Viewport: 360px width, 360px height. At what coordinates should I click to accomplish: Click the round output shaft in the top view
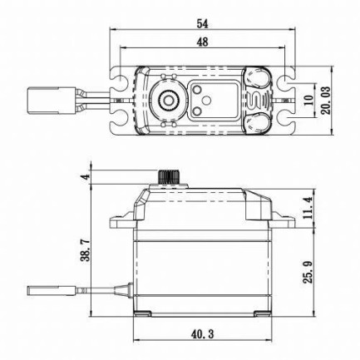[168, 101]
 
